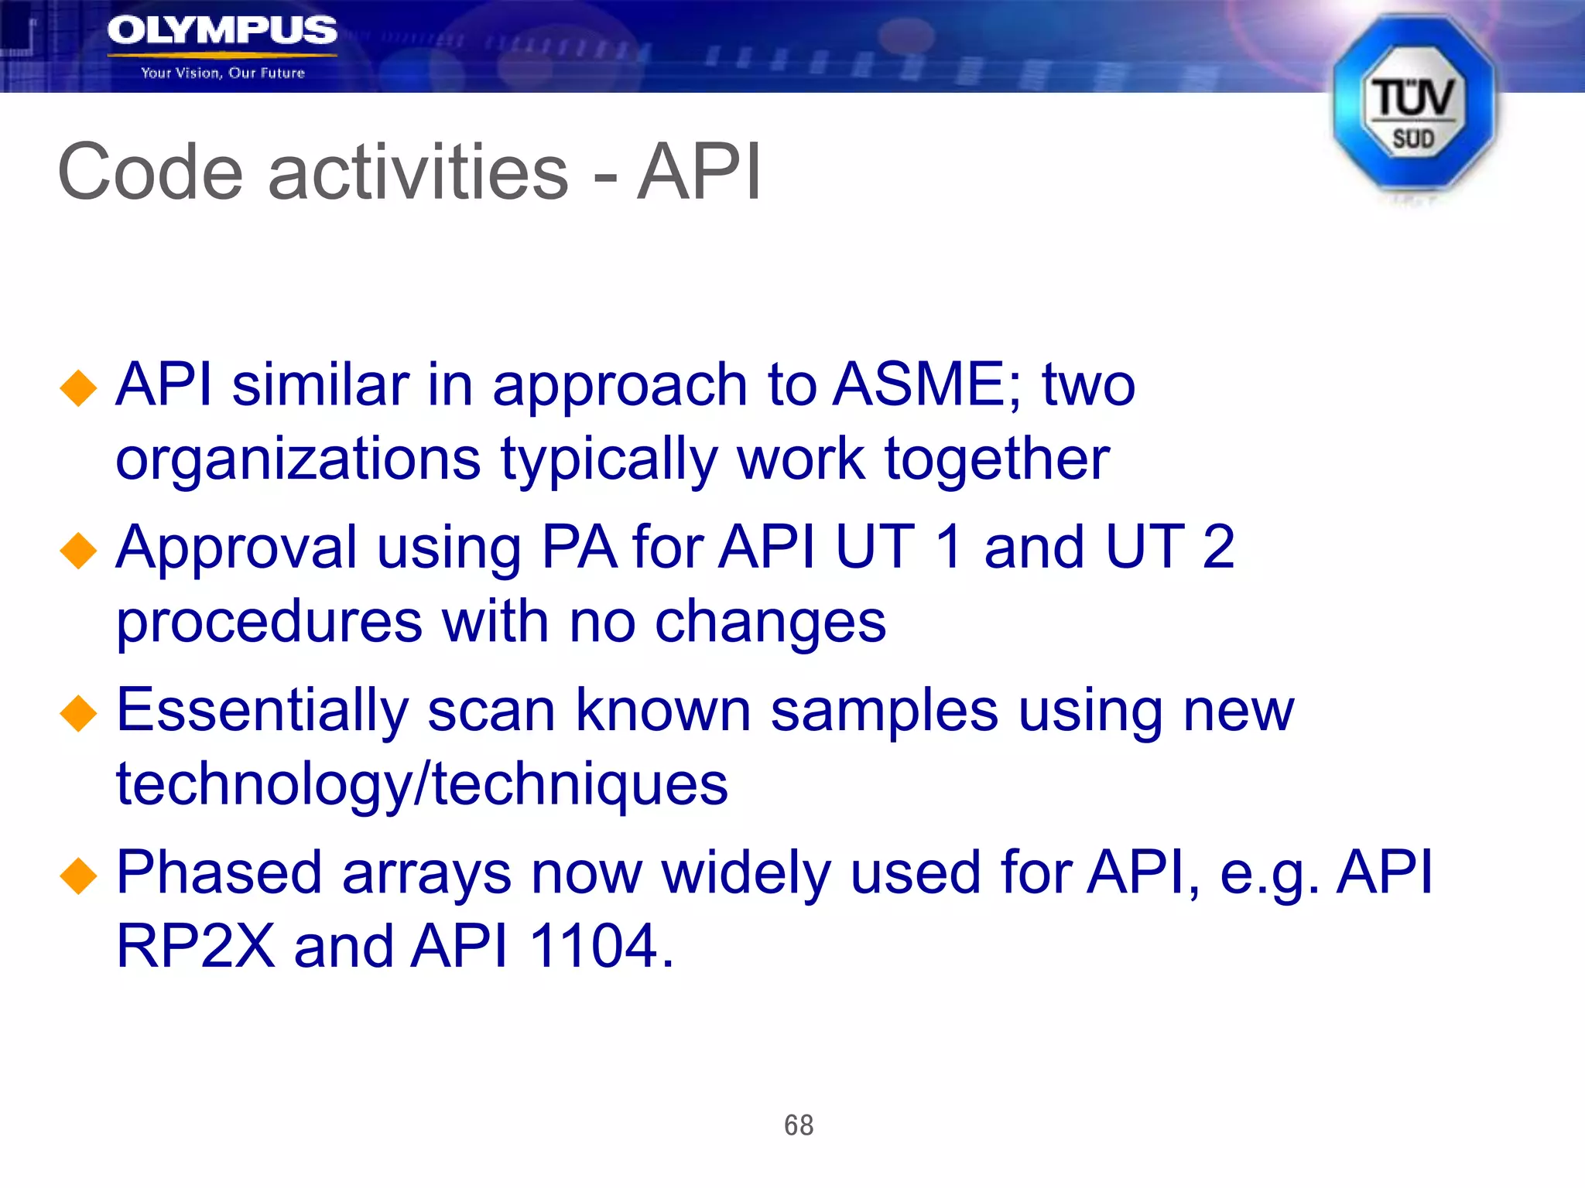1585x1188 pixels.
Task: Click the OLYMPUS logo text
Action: click(222, 31)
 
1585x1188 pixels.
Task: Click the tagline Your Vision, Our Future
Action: click(223, 73)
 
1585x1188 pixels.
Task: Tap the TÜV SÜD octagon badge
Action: click(1413, 104)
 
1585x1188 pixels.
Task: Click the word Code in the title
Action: click(150, 172)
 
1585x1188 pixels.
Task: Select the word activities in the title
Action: click(418, 172)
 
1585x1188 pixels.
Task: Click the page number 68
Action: click(799, 1125)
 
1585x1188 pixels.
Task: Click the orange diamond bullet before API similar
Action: click(78, 388)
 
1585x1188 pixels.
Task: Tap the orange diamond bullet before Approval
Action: click(78, 551)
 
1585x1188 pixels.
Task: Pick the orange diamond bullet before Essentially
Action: click(78, 713)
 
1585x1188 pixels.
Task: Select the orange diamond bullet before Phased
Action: click(78, 876)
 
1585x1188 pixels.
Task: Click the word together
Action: click(997, 459)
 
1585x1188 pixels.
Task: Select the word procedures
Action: click(269, 623)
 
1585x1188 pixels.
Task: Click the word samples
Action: click(884, 711)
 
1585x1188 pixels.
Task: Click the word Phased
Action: click(219, 872)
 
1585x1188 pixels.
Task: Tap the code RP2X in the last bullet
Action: click(195, 946)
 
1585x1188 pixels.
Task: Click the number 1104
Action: click(594, 946)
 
